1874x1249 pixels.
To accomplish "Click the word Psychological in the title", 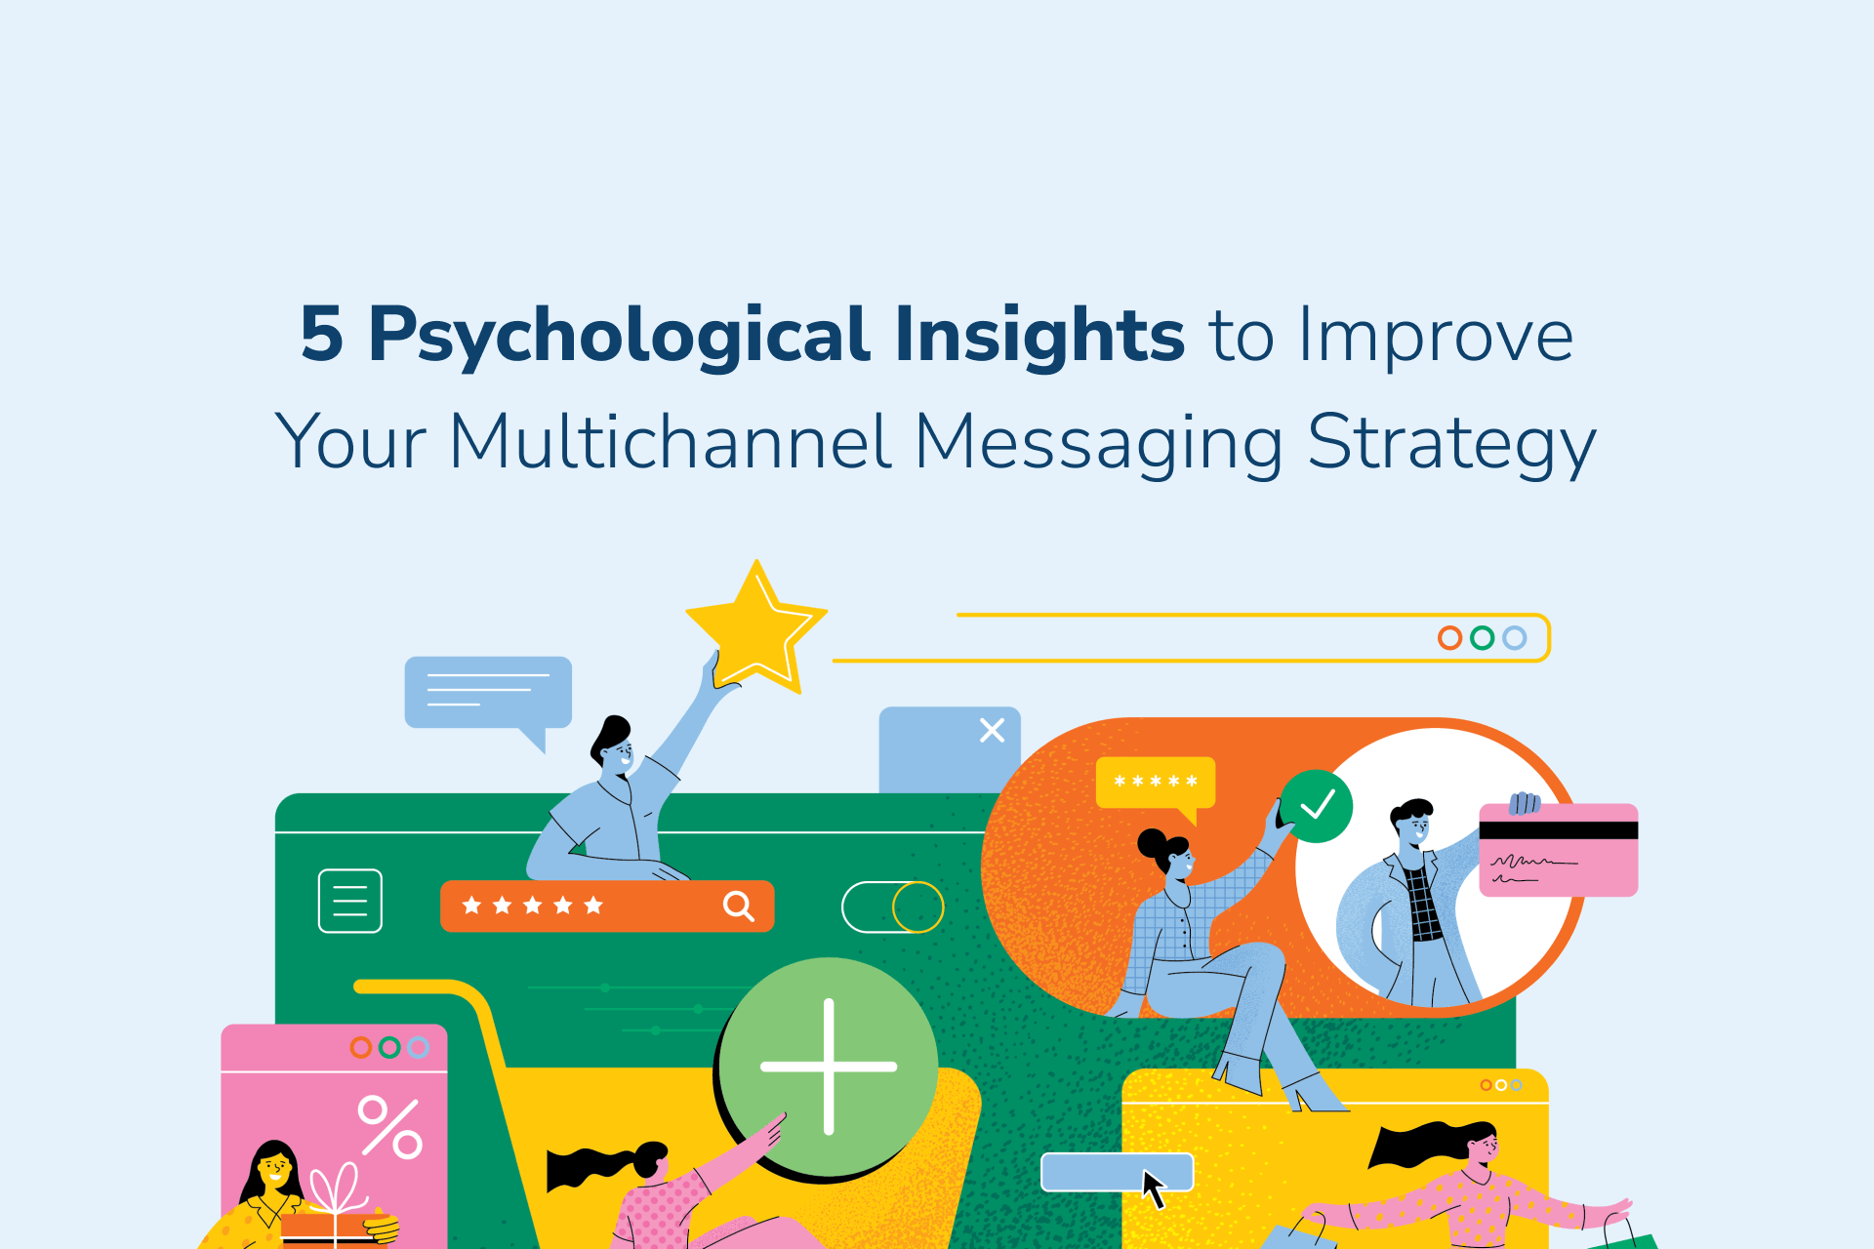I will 619,337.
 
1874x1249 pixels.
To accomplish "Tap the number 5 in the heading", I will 322,335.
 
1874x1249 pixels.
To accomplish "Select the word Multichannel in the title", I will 670,442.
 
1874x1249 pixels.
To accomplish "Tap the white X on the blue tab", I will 992,730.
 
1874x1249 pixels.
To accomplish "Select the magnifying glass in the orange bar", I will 738,907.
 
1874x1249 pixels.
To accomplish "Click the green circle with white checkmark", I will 1316,806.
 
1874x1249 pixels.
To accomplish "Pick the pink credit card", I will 1559,850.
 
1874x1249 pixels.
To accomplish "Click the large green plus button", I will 829,1067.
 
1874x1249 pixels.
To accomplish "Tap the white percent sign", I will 390,1127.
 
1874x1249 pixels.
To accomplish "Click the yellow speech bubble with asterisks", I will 1156,783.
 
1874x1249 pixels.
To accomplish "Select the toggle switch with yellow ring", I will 892,907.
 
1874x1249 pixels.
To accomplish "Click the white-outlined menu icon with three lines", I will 350,901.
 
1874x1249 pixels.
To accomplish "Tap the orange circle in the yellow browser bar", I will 1449,638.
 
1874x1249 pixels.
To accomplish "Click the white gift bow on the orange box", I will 337,1190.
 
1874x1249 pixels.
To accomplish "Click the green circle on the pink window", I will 389,1047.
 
